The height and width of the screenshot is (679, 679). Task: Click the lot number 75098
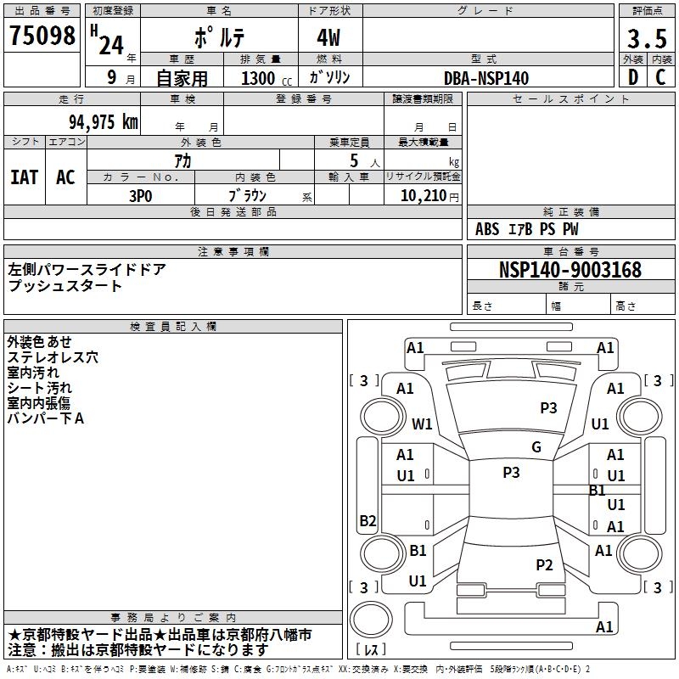42,36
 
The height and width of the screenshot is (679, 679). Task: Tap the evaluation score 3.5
646,38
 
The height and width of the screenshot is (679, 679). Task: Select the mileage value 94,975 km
103,121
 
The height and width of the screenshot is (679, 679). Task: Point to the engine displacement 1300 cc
263,78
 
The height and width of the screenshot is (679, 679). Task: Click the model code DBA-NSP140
486,78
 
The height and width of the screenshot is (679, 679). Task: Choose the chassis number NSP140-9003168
570,270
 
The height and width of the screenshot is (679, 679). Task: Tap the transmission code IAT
24,177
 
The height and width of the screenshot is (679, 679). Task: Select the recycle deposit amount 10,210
422,196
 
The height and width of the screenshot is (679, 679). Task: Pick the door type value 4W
330,39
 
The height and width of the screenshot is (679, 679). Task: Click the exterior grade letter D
632,77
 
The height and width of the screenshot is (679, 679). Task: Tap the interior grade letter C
660,77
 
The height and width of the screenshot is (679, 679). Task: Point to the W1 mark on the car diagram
422,424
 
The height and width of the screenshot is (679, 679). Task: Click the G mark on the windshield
536,447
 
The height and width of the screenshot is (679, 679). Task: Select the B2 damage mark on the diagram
368,521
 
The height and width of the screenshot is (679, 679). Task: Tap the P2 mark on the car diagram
544,564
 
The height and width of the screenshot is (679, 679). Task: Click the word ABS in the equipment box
487,229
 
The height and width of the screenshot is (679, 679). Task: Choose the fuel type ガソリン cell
330,77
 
